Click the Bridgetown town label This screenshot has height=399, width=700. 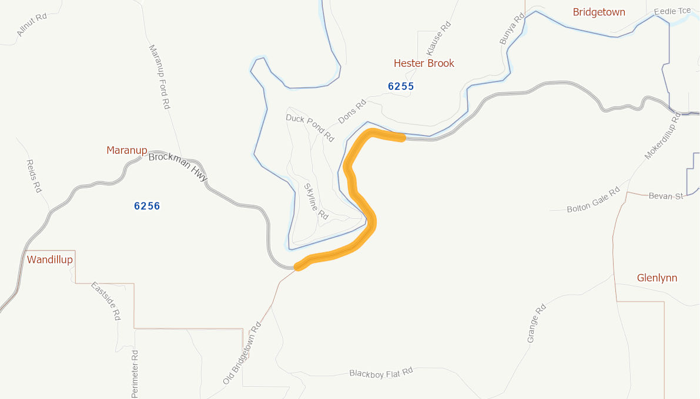599,12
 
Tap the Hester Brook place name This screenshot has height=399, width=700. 424,63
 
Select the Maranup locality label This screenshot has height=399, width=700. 126,150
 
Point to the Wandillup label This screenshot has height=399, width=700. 50,259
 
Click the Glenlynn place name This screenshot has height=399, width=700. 657,278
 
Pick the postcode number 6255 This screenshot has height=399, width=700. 401,86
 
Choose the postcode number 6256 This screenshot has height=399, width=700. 147,206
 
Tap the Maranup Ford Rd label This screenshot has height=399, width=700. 159,77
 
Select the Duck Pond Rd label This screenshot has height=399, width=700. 310,127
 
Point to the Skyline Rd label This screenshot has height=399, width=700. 316,201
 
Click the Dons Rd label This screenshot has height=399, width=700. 352,111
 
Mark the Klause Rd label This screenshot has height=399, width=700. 438,39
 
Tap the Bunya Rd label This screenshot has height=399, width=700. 511,29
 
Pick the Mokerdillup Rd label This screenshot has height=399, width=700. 662,136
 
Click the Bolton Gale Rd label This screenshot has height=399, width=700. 593,200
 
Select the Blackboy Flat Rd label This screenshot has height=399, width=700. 381,373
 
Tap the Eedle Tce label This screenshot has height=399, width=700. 672,11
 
